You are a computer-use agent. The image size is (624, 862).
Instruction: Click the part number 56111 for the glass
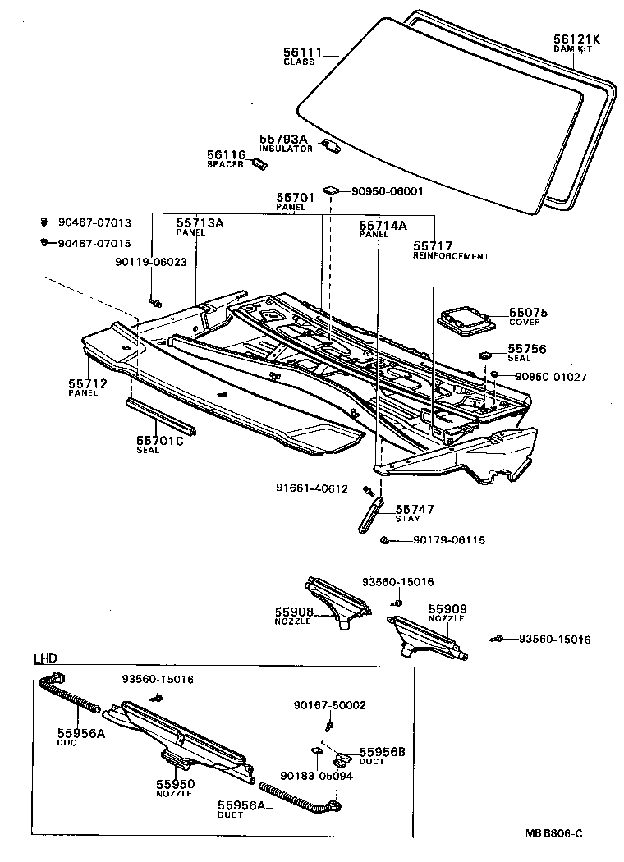click(x=300, y=53)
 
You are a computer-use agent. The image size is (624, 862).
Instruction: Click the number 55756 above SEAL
click(x=526, y=348)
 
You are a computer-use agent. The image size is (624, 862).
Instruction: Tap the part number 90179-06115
click(x=449, y=540)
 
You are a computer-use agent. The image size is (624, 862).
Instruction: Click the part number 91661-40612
click(x=311, y=488)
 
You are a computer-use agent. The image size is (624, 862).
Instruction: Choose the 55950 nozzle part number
click(x=174, y=784)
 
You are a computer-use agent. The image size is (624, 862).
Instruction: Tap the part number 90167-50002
click(x=330, y=705)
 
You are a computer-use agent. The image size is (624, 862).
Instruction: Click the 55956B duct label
click(x=383, y=751)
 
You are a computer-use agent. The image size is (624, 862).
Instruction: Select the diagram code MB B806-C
click(x=554, y=833)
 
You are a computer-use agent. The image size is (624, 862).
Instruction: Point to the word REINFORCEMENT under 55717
click(x=450, y=256)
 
